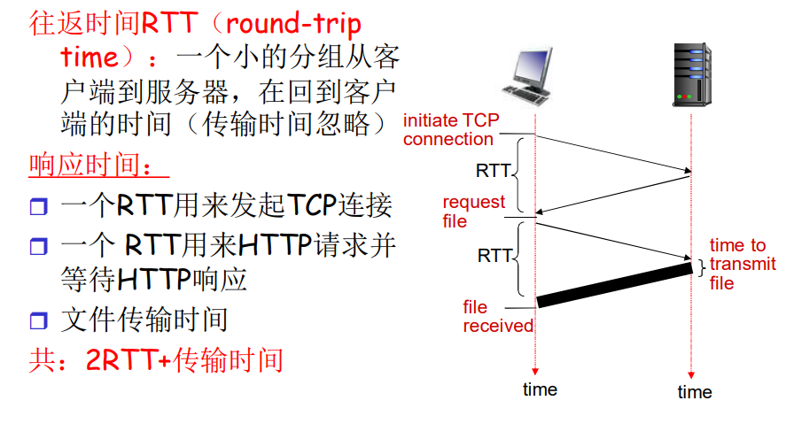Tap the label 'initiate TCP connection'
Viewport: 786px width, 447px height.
tap(450, 130)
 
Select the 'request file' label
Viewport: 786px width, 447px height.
tap(473, 212)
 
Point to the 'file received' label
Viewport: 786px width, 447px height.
tap(498, 317)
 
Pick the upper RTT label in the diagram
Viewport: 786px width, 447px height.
tap(494, 169)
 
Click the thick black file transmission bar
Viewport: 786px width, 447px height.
tap(614, 285)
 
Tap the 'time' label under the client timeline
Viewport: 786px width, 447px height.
tap(540, 389)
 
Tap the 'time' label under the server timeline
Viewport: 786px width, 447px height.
tap(694, 392)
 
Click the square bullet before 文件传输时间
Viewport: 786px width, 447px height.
tap(37, 320)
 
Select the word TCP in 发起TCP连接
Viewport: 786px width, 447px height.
tap(311, 206)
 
